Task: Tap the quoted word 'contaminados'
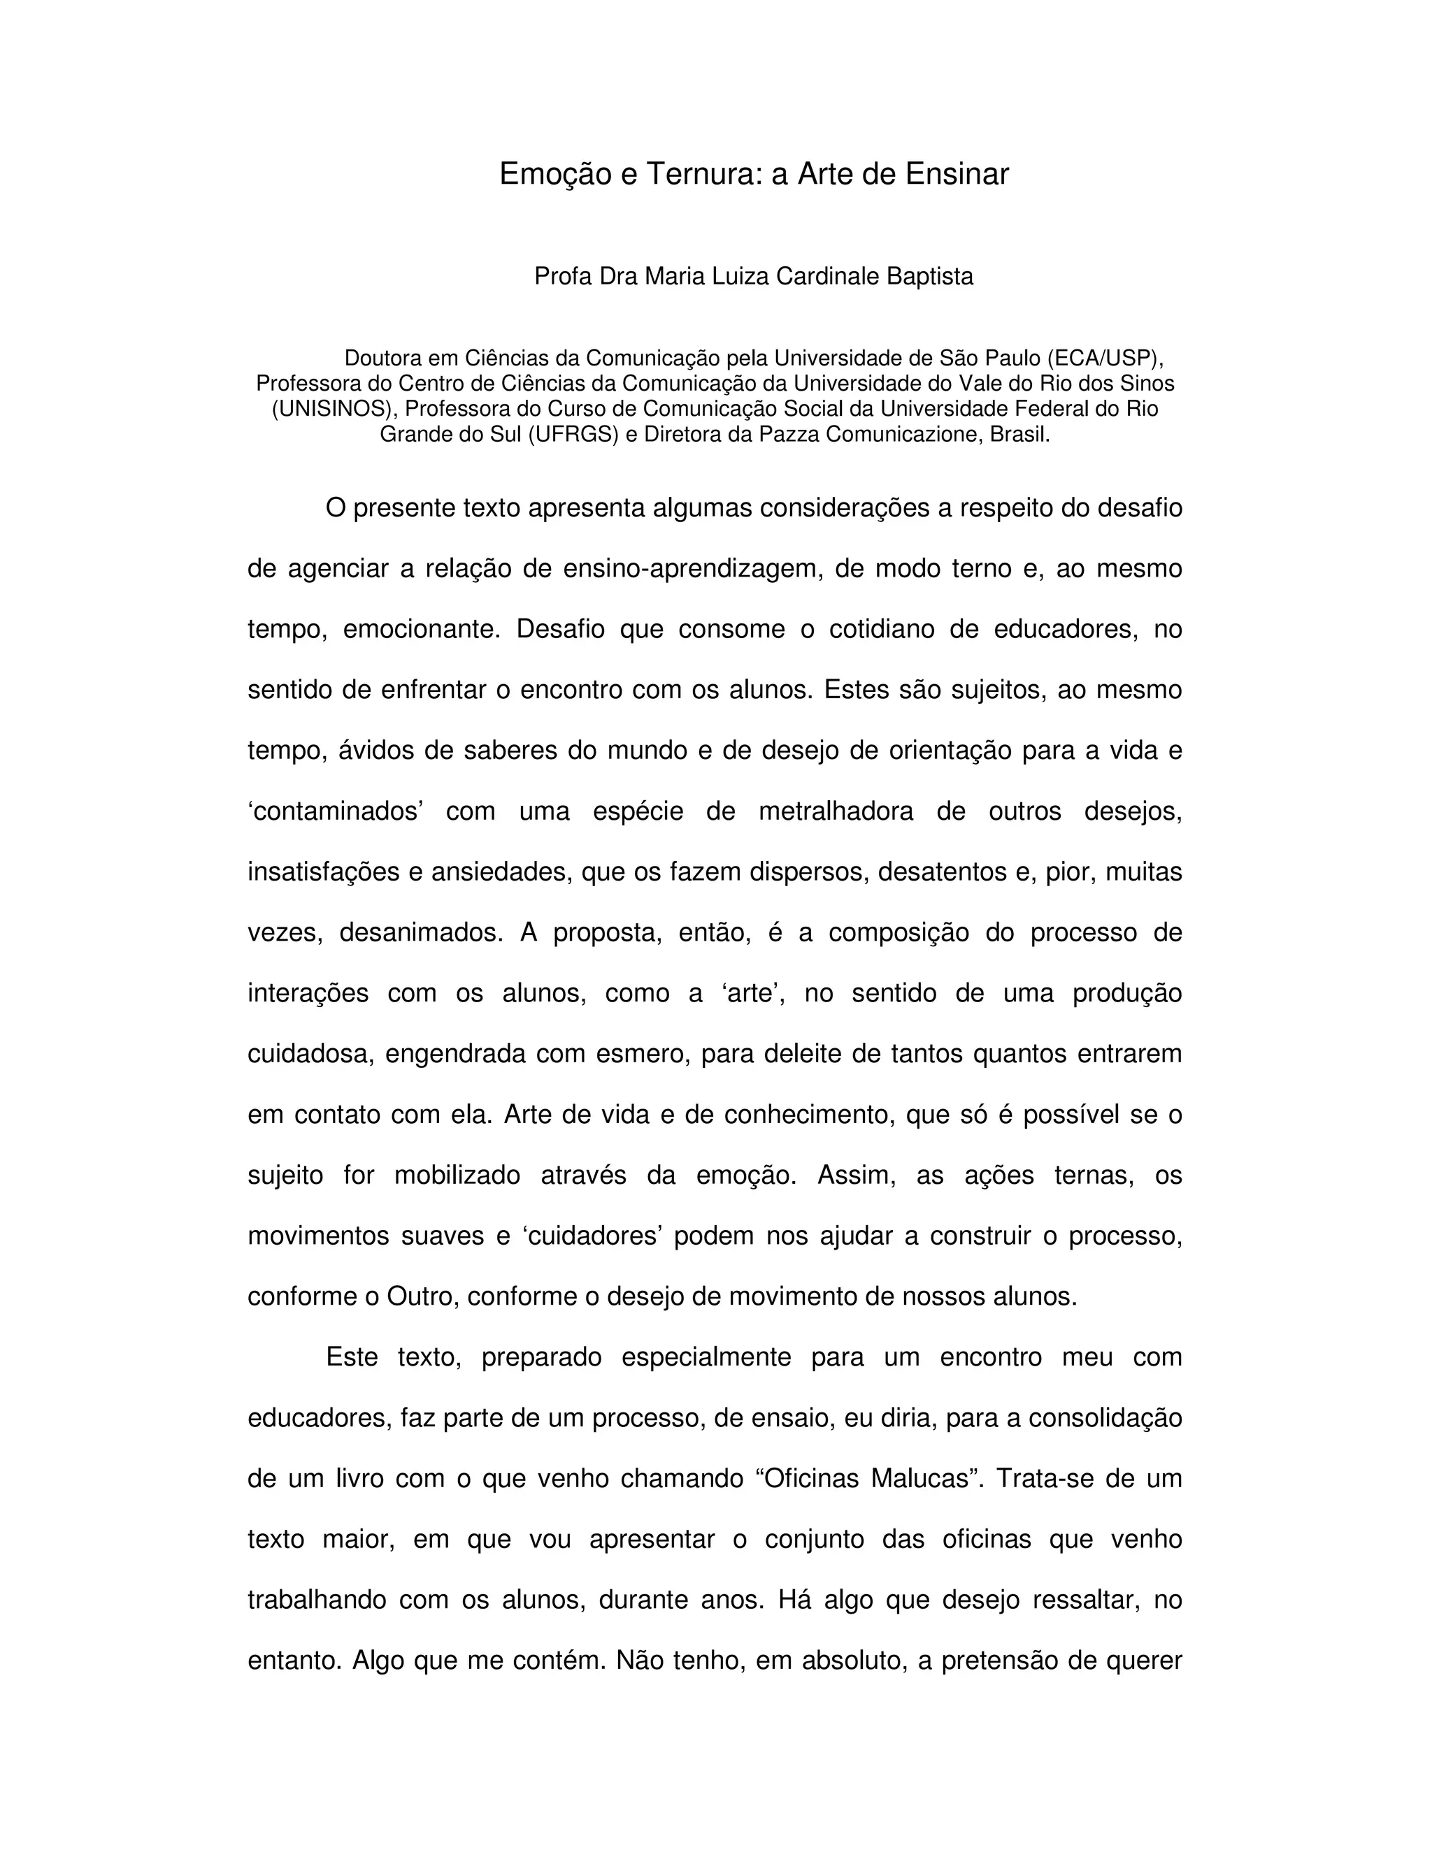336,811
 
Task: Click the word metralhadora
836,811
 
